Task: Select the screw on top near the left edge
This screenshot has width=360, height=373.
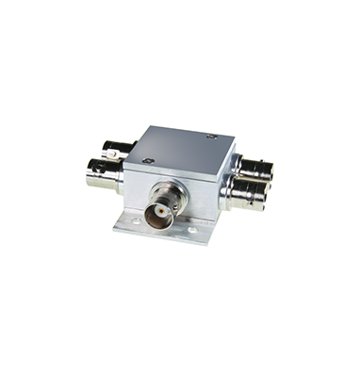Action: [148, 160]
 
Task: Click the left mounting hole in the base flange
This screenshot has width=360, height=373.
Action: [135, 222]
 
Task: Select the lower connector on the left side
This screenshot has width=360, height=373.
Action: [104, 175]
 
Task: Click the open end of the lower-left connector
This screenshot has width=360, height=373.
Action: [91, 175]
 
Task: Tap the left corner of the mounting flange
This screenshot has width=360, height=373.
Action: [116, 226]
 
